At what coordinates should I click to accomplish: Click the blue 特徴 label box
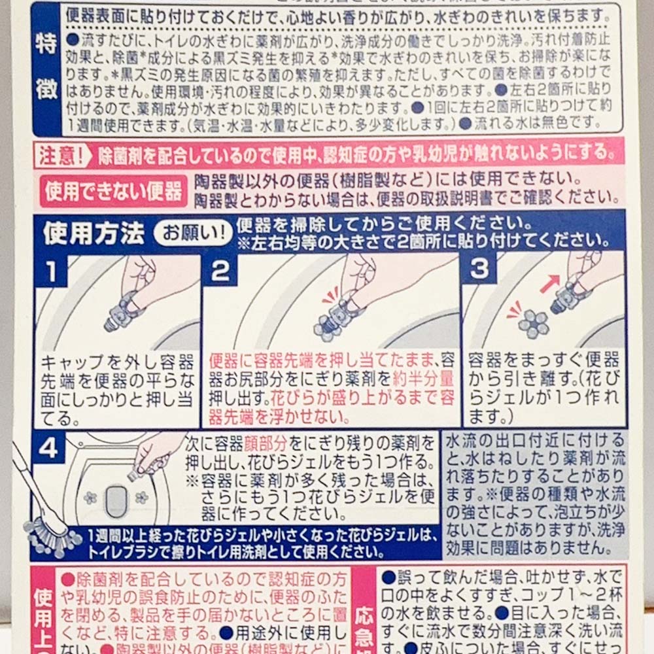click(46, 69)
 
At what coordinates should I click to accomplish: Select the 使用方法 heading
click(94, 233)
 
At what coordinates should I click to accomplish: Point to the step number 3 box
click(479, 269)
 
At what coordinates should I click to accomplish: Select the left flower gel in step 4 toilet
click(90, 498)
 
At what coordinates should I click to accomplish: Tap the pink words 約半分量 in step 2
click(423, 378)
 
